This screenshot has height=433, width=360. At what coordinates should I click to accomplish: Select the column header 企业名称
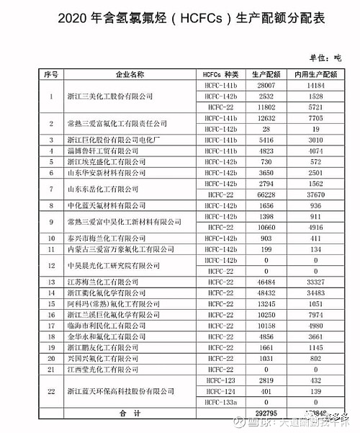pyautogui.click(x=130, y=73)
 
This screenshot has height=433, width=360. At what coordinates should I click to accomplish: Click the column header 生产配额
pyautogui.click(x=265, y=73)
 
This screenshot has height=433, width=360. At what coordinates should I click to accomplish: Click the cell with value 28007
pyautogui.click(x=265, y=85)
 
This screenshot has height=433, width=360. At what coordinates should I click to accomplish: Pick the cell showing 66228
pyautogui.click(x=265, y=195)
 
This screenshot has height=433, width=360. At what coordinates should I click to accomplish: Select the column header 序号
pyautogui.click(x=50, y=73)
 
